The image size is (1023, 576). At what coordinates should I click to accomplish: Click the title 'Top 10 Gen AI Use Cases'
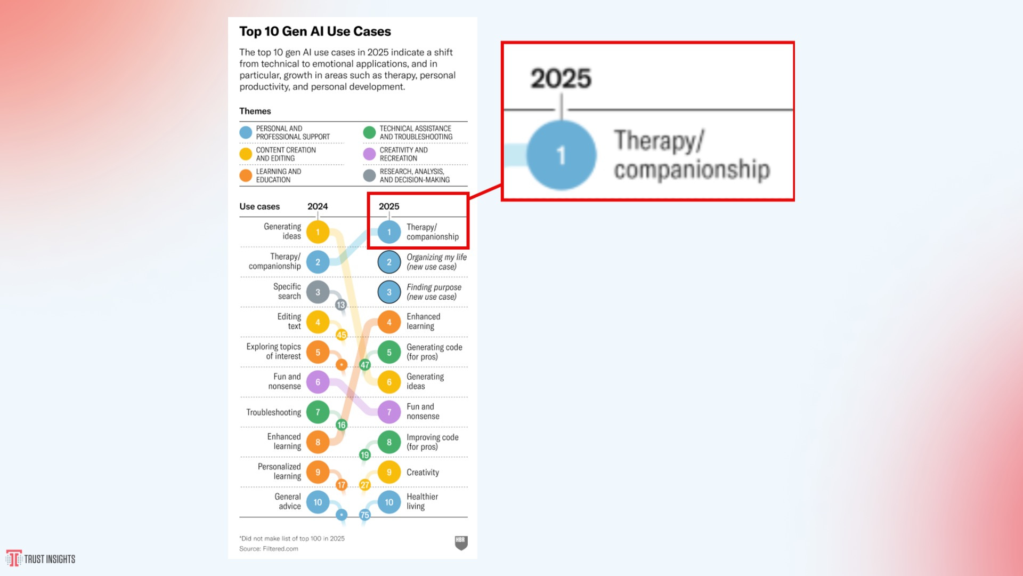coord(315,31)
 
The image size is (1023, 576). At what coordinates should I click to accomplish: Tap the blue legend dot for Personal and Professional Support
coord(246,133)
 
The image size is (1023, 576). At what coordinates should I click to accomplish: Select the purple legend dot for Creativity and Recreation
coord(369,154)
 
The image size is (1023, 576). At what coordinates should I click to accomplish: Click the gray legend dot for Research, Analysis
coord(369,175)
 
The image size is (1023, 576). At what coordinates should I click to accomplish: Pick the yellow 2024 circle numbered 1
coord(318,232)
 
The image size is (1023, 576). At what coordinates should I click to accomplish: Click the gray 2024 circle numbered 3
coord(318,292)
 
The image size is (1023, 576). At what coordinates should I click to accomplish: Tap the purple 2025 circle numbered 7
coord(389,412)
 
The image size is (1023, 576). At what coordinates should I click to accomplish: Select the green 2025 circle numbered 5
coord(389,353)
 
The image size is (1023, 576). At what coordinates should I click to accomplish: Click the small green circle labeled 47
coord(364,365)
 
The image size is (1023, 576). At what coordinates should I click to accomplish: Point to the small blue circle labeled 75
coord(364,515)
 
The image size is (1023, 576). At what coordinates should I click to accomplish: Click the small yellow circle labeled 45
coord(342,335)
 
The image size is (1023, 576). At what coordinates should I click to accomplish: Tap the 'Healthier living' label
coord(422,501)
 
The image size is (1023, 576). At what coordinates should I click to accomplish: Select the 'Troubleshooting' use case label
coord(273,412)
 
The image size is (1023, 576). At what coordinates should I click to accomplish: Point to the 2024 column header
coord(318,206)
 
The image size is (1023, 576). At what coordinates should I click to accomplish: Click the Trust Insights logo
coord(40,558)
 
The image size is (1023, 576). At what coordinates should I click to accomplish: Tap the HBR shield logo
coord(461,543)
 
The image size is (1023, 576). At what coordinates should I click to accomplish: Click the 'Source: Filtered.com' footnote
coord(269,549)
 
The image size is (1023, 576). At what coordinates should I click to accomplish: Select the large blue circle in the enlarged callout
coord(561,155)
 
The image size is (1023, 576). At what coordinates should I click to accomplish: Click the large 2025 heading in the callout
coord(561,78)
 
